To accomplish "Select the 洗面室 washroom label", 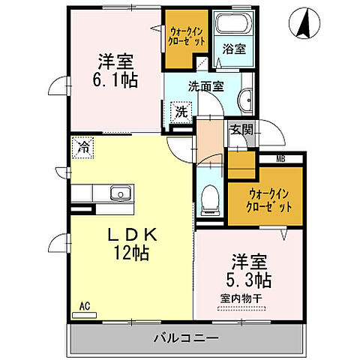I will (205, 86).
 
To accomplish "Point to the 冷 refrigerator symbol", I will (82, 146).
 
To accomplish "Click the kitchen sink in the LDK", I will (118, 194).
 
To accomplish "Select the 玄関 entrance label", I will (240, 129).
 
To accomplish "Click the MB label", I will (280, 158).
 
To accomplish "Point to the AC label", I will (85, 307).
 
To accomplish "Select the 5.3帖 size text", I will (250, 281).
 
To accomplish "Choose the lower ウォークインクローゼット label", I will (268, 200).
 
